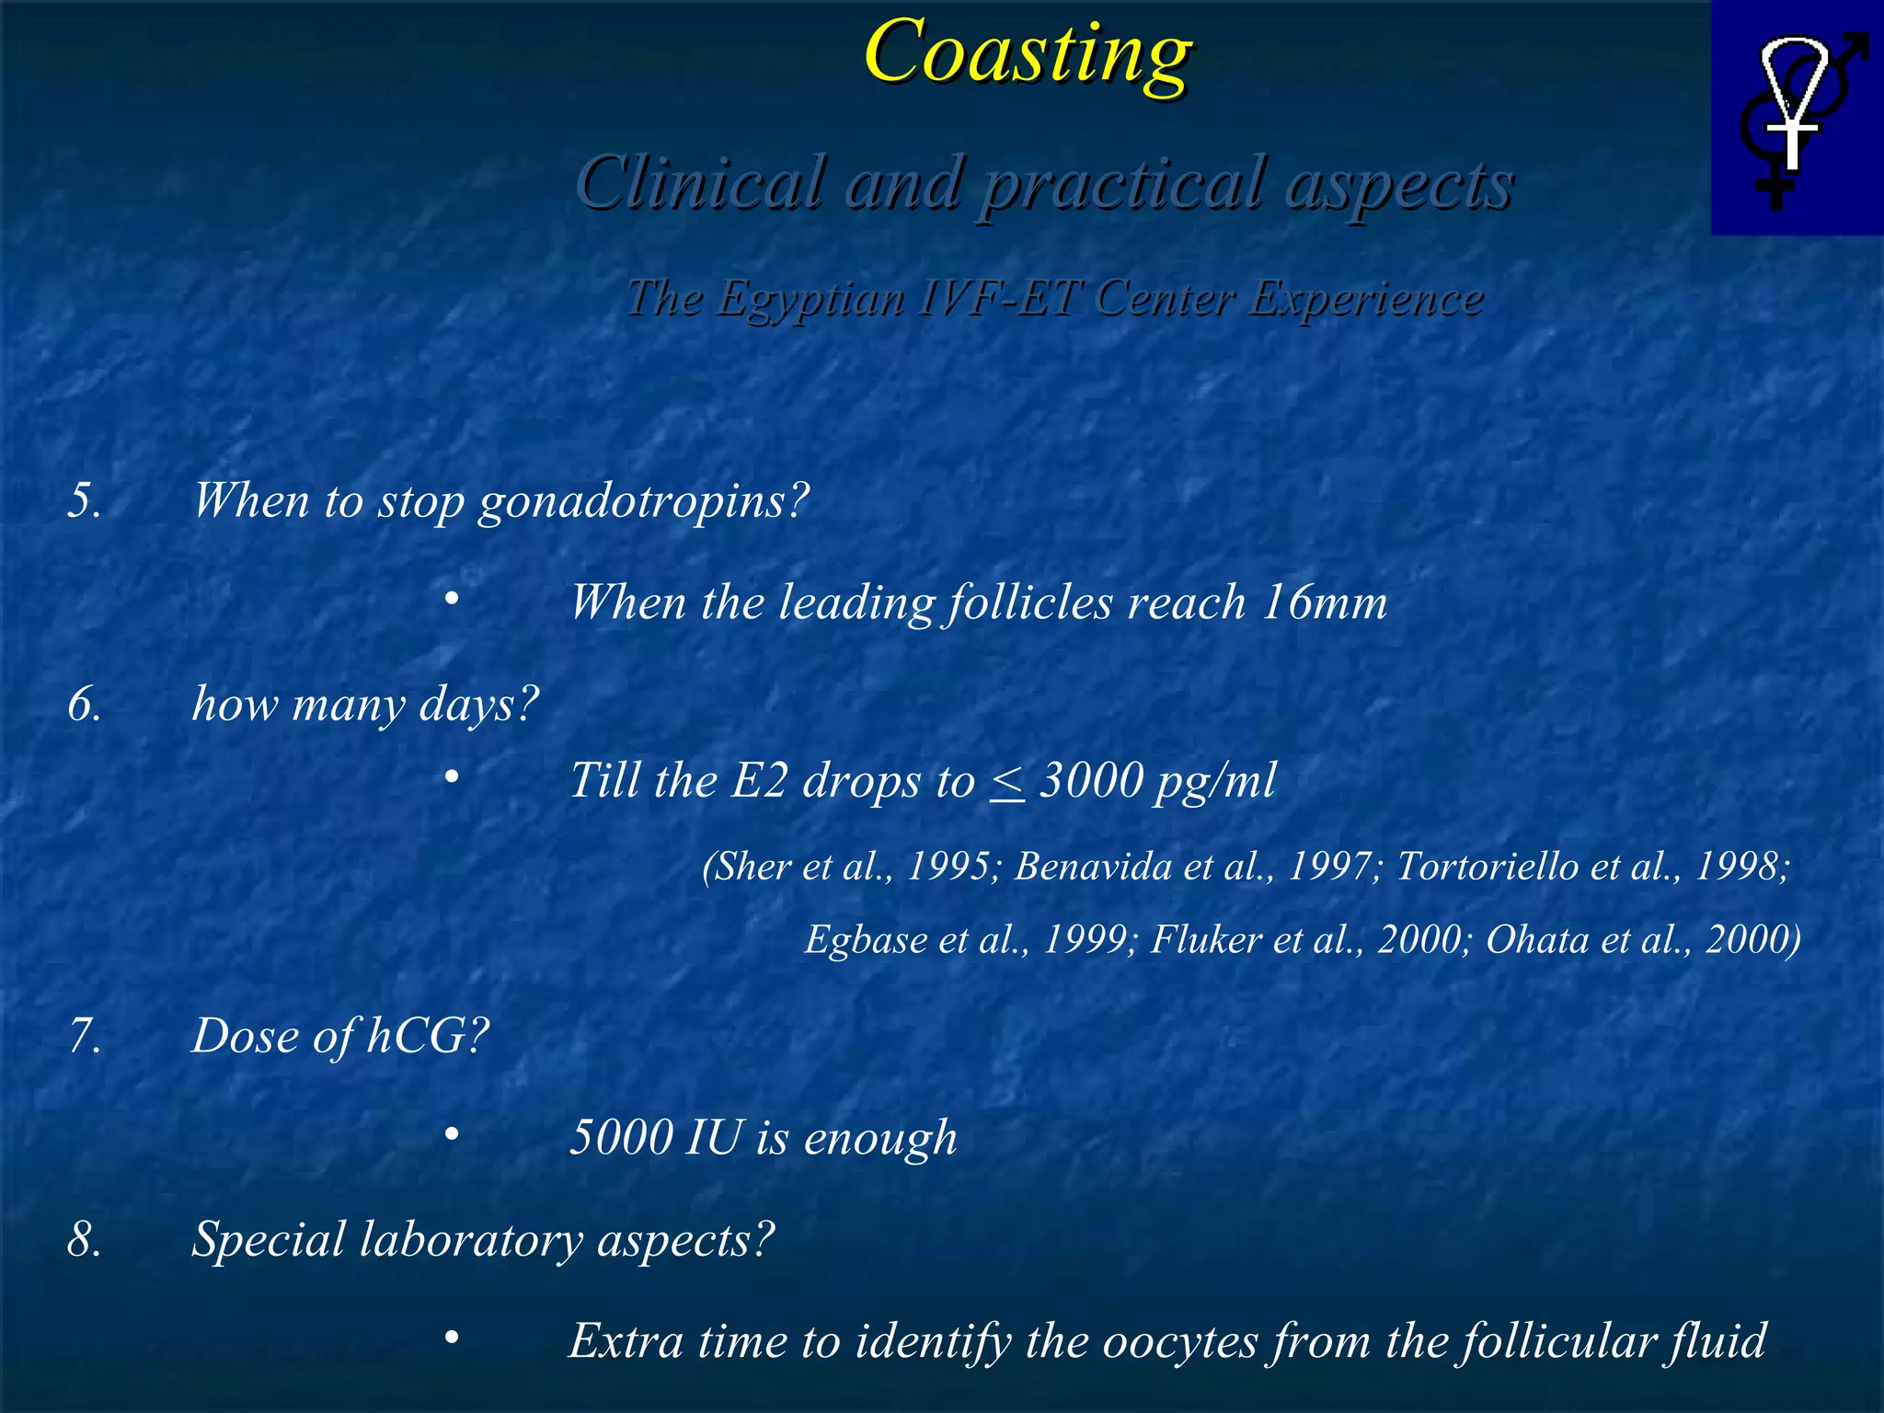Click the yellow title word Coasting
tap(1028, 53)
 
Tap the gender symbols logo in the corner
tap(1797, 118)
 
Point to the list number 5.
tap(84, 501)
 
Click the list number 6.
tap(84, 706)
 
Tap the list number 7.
tap(84, 1037)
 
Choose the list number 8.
tap(84, 1240)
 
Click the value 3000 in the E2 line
tap(1091, 781)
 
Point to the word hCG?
tap(428, 1037)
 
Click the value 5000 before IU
tap(622, 1138)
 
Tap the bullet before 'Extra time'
tap(451, 1338)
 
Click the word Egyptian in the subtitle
tap(810, 299)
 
